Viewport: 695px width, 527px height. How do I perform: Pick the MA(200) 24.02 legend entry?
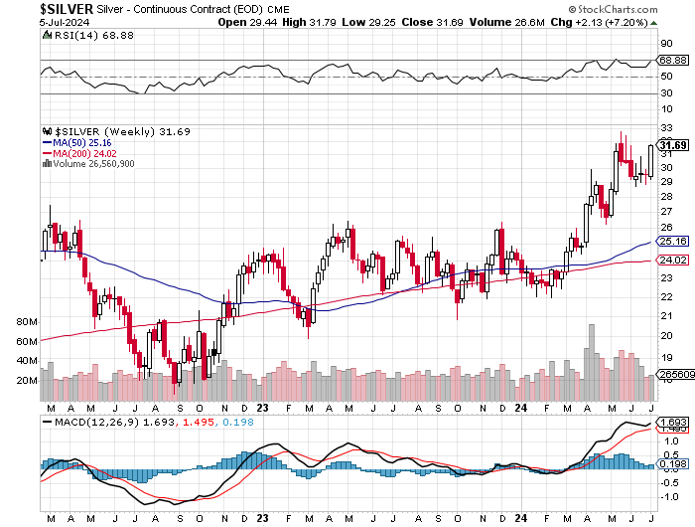coord(87,153)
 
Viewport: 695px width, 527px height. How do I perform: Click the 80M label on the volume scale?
coord(27,323)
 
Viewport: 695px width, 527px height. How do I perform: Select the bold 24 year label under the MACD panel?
coord(522,518)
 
